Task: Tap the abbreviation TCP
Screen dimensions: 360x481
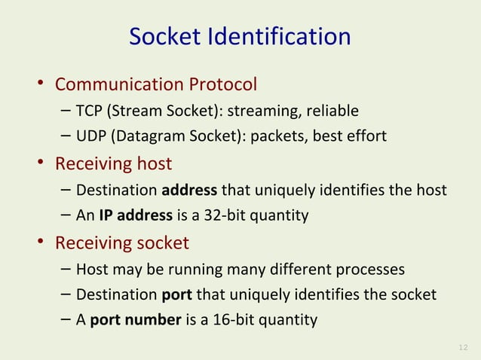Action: (x=90, y=112)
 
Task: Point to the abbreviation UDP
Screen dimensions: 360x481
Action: (x=91, y=136)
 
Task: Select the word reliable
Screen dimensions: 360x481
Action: (x=332, y=112)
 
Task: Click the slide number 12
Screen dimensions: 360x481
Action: (x=463, y=346)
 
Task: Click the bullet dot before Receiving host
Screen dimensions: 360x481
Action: (x=44, y=163)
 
